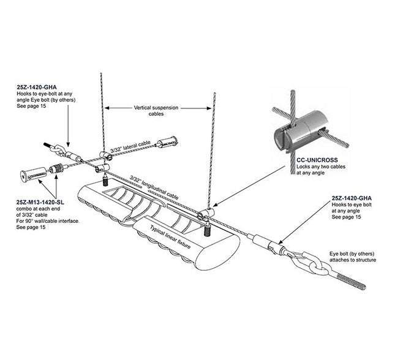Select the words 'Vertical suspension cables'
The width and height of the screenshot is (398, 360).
pyautogui.click(x=157, y=110)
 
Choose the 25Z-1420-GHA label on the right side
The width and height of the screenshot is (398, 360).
pyautogui.click(x=352, y=198)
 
